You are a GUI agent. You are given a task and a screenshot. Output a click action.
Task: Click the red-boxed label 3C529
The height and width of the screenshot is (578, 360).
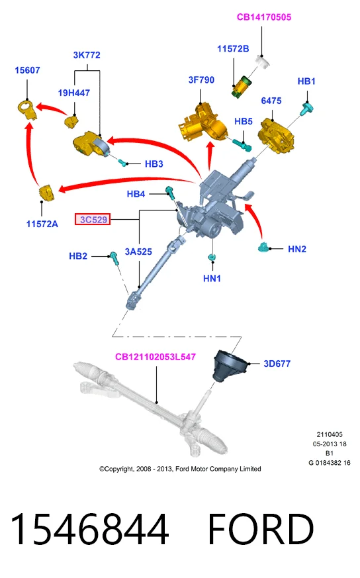tap(93, 220)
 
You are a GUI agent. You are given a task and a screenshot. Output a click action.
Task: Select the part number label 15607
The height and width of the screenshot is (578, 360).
tap(27, 70)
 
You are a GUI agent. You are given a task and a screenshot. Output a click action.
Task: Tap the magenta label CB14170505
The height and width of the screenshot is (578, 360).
tap(264, 17)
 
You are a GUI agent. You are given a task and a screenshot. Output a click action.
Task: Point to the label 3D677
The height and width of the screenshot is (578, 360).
tap(277, 364)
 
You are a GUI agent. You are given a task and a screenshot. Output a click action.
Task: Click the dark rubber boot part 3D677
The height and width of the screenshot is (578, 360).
tap(229, 366)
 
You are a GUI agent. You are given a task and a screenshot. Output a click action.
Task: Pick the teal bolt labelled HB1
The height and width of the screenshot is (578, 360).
tap(306, 109)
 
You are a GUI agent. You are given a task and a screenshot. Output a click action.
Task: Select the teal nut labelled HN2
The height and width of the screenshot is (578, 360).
tap(264, 248)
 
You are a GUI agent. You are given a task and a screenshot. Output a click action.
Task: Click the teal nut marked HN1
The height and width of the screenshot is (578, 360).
tap(212, 257)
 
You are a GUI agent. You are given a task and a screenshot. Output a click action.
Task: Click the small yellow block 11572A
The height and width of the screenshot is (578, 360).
tap(47, 193)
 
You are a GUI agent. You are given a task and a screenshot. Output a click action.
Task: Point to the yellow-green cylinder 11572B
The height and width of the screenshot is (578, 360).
tap(241, 86)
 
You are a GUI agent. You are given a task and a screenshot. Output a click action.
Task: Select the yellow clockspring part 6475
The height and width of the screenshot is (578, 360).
tap(277, 135)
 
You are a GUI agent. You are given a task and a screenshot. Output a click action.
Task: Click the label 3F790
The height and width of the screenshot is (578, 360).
tap(201, 80)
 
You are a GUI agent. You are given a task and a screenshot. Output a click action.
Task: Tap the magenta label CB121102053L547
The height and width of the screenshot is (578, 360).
tap(156, 357)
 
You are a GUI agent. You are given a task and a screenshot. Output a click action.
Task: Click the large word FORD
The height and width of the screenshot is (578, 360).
tap(261, 530)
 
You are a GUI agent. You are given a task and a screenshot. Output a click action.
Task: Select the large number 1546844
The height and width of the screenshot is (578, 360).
tap(89, 530)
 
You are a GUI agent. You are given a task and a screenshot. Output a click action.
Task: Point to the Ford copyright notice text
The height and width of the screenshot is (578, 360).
tap(180, 469)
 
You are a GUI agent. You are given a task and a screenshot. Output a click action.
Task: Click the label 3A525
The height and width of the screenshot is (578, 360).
tap(138, 252)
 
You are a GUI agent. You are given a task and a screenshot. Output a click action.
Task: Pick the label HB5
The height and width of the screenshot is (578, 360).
tap(244, 122)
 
